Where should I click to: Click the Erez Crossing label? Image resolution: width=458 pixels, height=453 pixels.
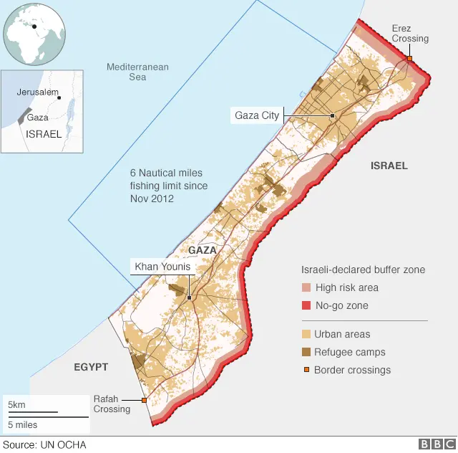pyautogui.click(x=410, y=33)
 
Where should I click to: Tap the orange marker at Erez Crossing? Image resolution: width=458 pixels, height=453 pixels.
pyautogui.click(x=409, y=59)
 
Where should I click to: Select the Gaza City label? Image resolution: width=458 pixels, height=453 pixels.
pyautogui.click(x=257, y=115)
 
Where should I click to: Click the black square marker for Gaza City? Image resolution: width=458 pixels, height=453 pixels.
pyautogui.click(x=333, y=115)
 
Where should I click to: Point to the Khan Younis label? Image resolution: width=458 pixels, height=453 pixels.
pyautogui.click(x=162, y=267)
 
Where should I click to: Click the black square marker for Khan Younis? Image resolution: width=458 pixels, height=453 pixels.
pyautogui.click(x=189, y=297)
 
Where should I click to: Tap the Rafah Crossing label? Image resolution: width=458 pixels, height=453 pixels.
pyautogui.click(x=112, y=404)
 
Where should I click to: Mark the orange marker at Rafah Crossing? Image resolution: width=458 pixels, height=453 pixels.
pyautogui.click(x=144, y=400)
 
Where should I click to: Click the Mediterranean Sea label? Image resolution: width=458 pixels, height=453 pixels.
pyautogui.click(x=137, y=72)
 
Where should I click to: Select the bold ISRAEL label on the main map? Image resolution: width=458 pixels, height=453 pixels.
pyautogui.click(x=389, y=166)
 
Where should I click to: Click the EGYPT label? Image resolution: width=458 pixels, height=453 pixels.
pyautogui.click(x=91, y=367)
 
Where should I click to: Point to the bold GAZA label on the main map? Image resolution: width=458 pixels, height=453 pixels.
pyautogui.click(x=201, y=249)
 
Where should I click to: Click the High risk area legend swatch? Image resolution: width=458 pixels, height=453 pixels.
pyautogui.click(x=306, y=288)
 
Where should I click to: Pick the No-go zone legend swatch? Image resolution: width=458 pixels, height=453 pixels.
pyautogui.click(x=306, y=306)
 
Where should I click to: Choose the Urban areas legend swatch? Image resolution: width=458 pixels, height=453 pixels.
pyautogui.click(x=306, y=335)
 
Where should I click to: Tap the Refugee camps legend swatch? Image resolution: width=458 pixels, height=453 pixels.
pyautogui.click(x=306, y=352)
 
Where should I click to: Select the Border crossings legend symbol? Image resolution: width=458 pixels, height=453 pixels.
pyautogui.click(x=306, y=370)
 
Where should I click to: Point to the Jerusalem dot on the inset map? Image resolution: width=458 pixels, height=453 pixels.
pyautogui.click(x=59, y=97)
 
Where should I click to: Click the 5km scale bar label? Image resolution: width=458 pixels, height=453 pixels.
pyautogui.click(x=16, y=406)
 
